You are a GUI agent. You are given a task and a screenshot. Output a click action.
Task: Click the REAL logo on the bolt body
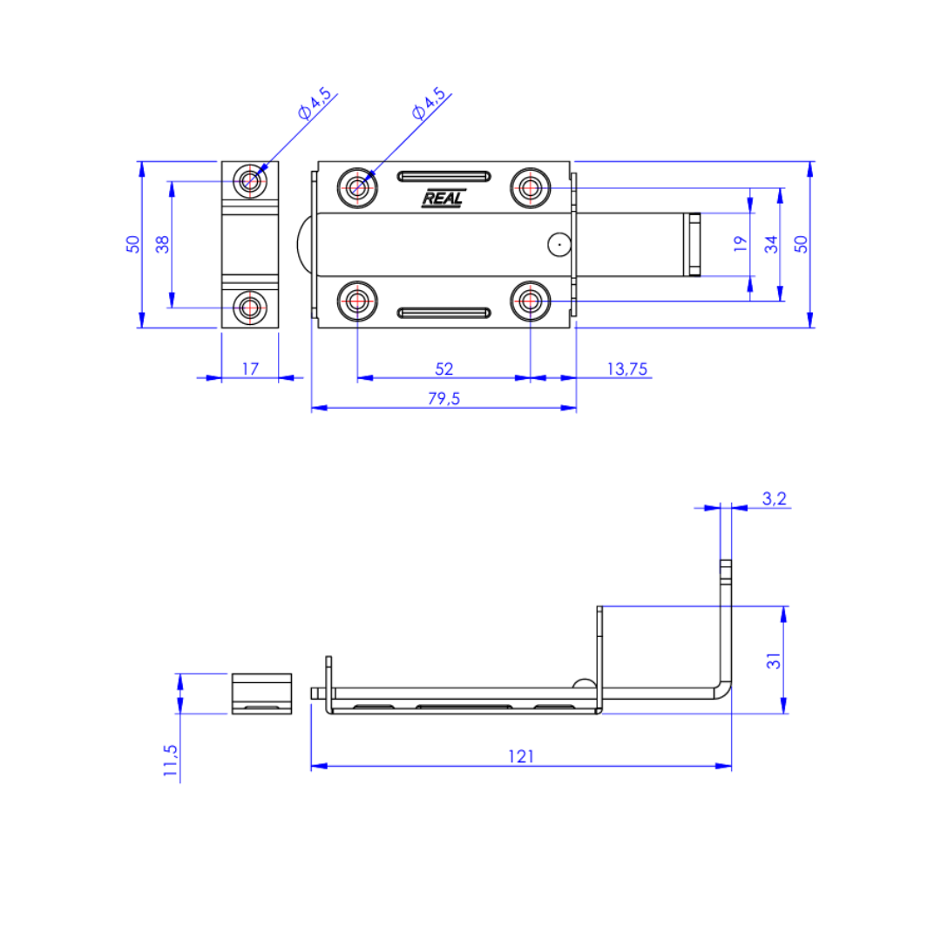click(443, 198)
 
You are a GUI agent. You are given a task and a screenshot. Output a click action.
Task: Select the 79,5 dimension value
click(443, 398)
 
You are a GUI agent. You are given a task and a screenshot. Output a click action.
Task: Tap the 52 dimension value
click(444, 369)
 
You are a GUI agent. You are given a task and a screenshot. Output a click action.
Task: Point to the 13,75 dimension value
click(627, 369)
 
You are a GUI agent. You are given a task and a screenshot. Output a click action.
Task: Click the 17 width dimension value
click(250, 369)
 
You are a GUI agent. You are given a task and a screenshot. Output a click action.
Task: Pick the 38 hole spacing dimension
click(162, 244)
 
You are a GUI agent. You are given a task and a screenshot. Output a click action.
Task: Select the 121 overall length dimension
click(521, 756)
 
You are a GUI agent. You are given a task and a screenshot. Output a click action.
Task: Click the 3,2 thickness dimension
click(775, 498)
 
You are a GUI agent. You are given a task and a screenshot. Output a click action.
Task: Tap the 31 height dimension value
click(774, 660)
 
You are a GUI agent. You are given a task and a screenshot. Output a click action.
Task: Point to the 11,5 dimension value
click(171, 761)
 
